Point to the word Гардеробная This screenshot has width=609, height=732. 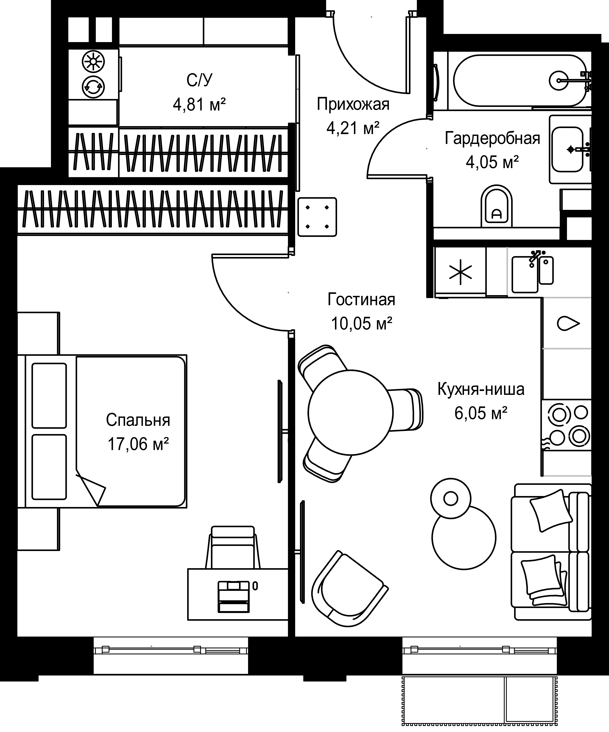492,138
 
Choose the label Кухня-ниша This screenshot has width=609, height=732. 481,389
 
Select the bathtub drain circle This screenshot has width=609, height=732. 560,80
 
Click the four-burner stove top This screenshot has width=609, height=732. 566,425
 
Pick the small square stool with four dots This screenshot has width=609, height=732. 317,217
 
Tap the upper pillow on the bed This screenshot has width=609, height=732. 49,396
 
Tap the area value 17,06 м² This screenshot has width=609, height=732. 138,444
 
